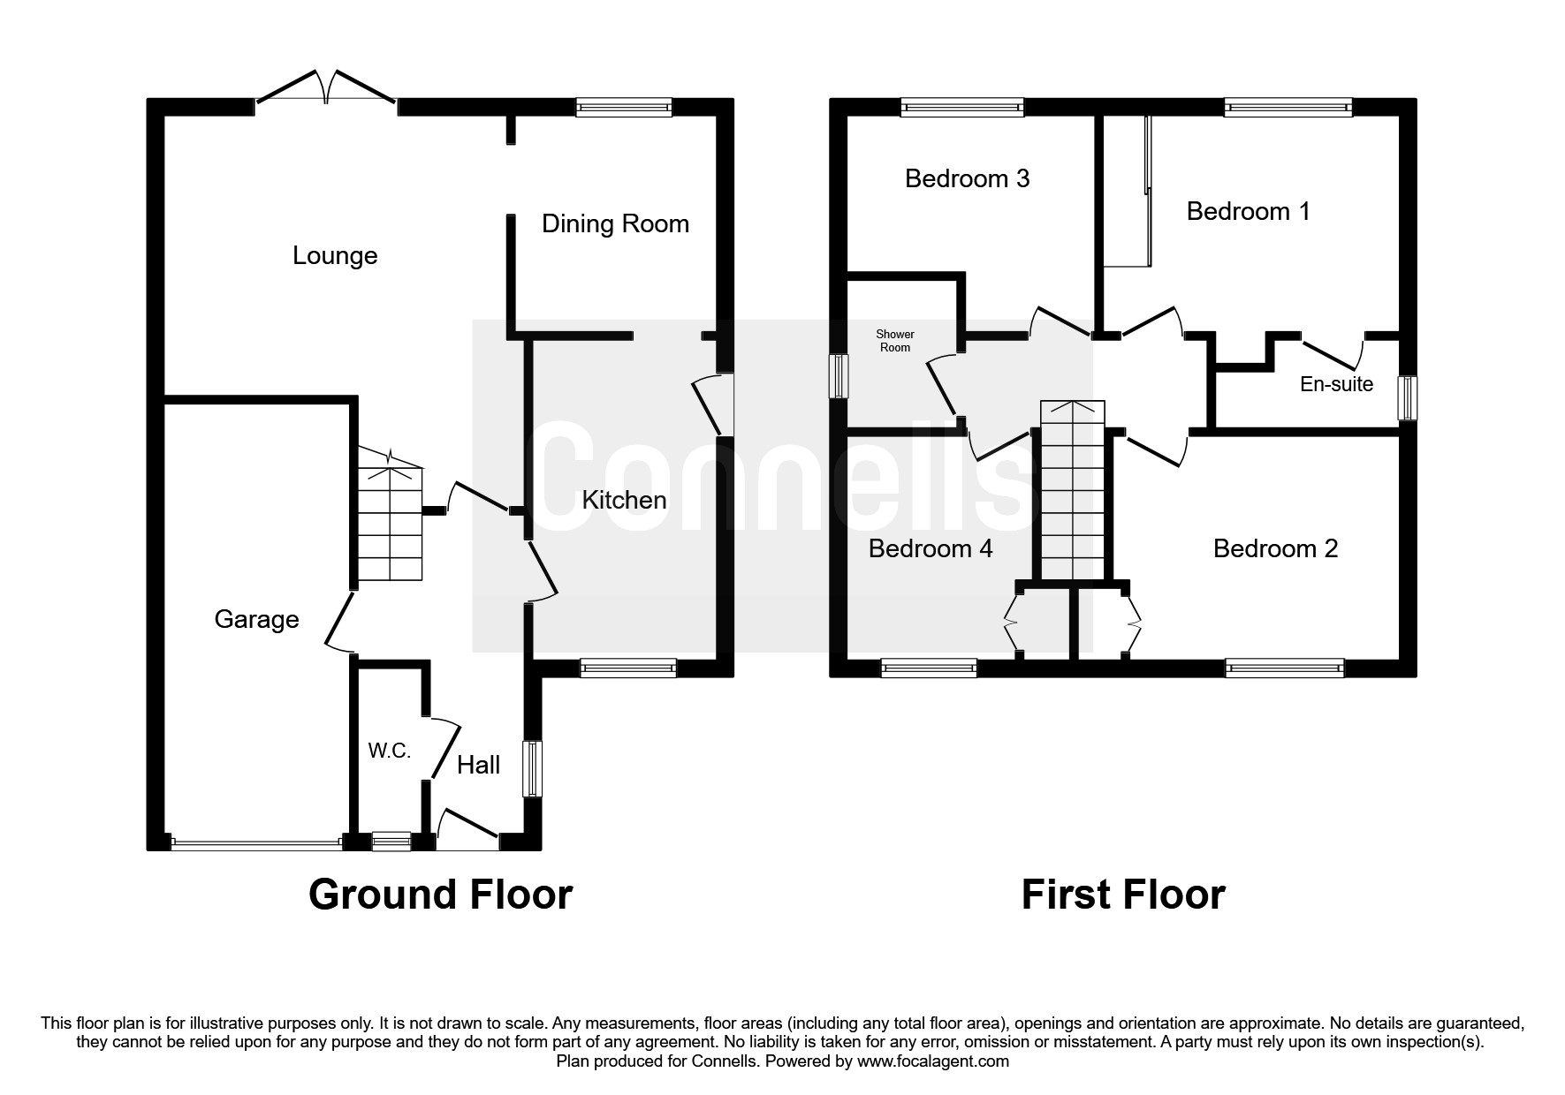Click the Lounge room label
pos(335,256)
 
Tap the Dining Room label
pos(615,223)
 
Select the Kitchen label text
pos(624,501)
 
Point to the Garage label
pos(256,619)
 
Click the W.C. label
pos(390,751)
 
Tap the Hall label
pos(478,765)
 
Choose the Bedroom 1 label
pos(1248,211)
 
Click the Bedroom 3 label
pos(967,178)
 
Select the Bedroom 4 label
pos(931,548)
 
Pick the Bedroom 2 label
pos(1275,548)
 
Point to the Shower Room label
pos(894,341)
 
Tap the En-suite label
pos(1336,384)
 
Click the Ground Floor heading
pos(440,895)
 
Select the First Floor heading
pos(1122,895)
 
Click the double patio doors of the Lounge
pos(326,92)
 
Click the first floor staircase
pos(1072,495)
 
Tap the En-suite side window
pos(1406,398)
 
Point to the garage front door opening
pos(256,844)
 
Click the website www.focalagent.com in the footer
pos(932,1061)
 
